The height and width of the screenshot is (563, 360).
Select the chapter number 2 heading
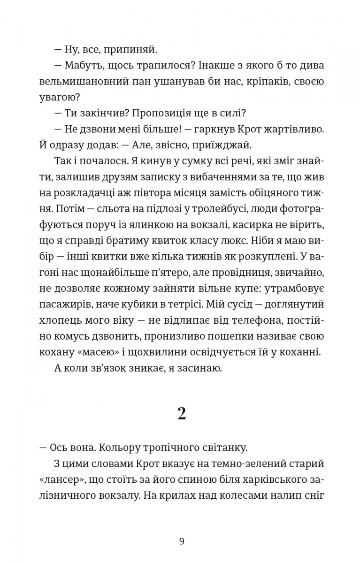coord(181,413)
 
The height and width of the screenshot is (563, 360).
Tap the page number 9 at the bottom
coord(182,541)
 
